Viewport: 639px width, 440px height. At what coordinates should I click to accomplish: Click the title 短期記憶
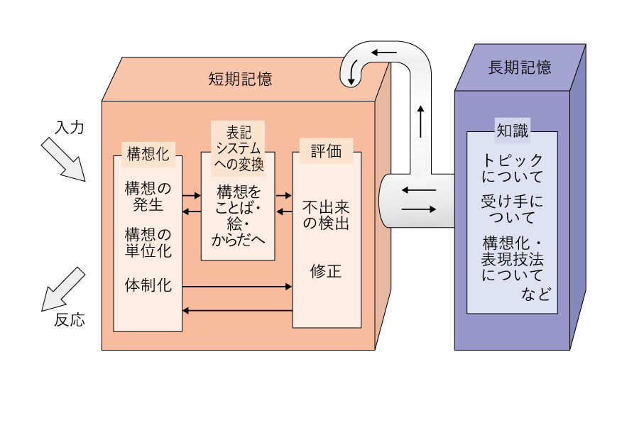[x=240, y=79]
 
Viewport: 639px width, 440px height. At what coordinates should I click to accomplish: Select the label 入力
[x=70, y=128]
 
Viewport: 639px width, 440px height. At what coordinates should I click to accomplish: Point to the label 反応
[x=70, y=320]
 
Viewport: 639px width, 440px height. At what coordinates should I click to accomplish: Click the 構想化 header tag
[x=148, y=153]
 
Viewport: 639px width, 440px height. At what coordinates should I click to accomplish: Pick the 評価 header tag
[x=326, y=151]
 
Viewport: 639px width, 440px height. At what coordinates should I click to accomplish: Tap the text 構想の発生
[x=148, y=197]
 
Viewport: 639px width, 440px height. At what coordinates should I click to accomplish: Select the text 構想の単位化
[x=148, y=242]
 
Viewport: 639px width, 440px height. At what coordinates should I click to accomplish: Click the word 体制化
[x=148, y=285]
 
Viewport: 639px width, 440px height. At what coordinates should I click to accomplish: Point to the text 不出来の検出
[x=326, y=215]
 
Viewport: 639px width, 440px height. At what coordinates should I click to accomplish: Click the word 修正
[x=326, y=271]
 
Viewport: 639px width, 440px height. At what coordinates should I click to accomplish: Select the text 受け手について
[x=512, y=208]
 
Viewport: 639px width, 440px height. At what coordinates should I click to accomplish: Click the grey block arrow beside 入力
[x=62, y=159]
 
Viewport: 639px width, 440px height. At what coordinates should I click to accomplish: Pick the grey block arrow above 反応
[x=63, y=289]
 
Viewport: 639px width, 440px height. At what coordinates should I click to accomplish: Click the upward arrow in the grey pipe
[x=420, y=121]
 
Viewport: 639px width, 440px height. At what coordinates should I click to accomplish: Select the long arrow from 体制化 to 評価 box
[x=237, y=287]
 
